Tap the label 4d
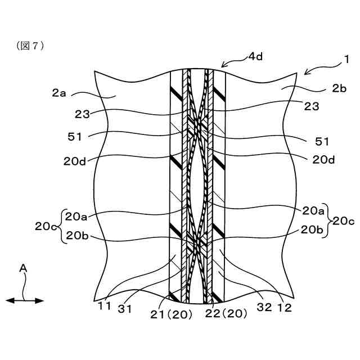pyautogui.click(x=256, y=57)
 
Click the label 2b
pyautogui.click(x=339, y=88)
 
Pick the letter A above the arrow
pyautogui.click(x=24, y=269)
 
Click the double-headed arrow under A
pyautogui.click(x=25, y=301)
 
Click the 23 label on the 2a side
pyautogui.click(x=82, y=113)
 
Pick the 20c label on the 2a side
pyautogui.click(x=46, y=226)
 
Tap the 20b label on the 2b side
pyautogui.click(x=312, y=229)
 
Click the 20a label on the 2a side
pyautogui.click(x=76, y=215)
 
